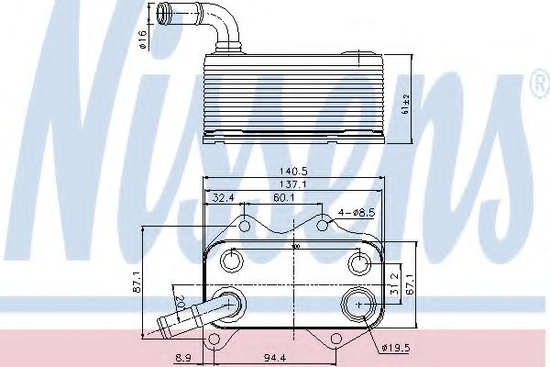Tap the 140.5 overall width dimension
294,171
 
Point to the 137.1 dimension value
294,185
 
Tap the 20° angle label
180,304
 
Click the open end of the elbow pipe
161,13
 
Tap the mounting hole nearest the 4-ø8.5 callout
324,223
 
